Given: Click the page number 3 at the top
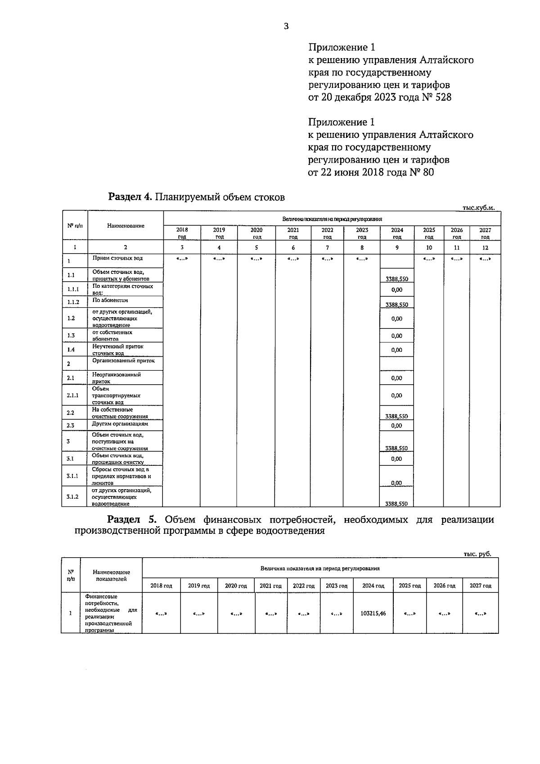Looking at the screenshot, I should coord(286,26).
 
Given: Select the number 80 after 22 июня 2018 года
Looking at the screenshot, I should coord(427,172).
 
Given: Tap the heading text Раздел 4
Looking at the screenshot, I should coord(130,197).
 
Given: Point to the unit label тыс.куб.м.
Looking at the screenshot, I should coord(478,208).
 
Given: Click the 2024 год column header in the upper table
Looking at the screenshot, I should coord(397,233).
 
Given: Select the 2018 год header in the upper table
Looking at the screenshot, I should coord(182,233).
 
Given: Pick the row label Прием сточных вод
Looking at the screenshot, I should coord(117,258).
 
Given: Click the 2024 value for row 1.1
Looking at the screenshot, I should coord(396,279).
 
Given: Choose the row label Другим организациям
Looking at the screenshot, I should coord(120,424).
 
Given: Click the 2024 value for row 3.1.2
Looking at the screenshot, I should coord(396,504).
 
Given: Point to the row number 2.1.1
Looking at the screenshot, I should coord(73,395).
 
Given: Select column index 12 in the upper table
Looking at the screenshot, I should coord(485,247).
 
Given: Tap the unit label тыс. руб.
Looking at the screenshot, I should coord(477,554).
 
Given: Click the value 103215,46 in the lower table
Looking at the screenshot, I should coord(373,613).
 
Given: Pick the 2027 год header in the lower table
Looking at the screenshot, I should coord(480,586).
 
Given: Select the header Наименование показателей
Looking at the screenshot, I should coord(111,575).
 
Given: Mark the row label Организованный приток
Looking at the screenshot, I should coord(123,361).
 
